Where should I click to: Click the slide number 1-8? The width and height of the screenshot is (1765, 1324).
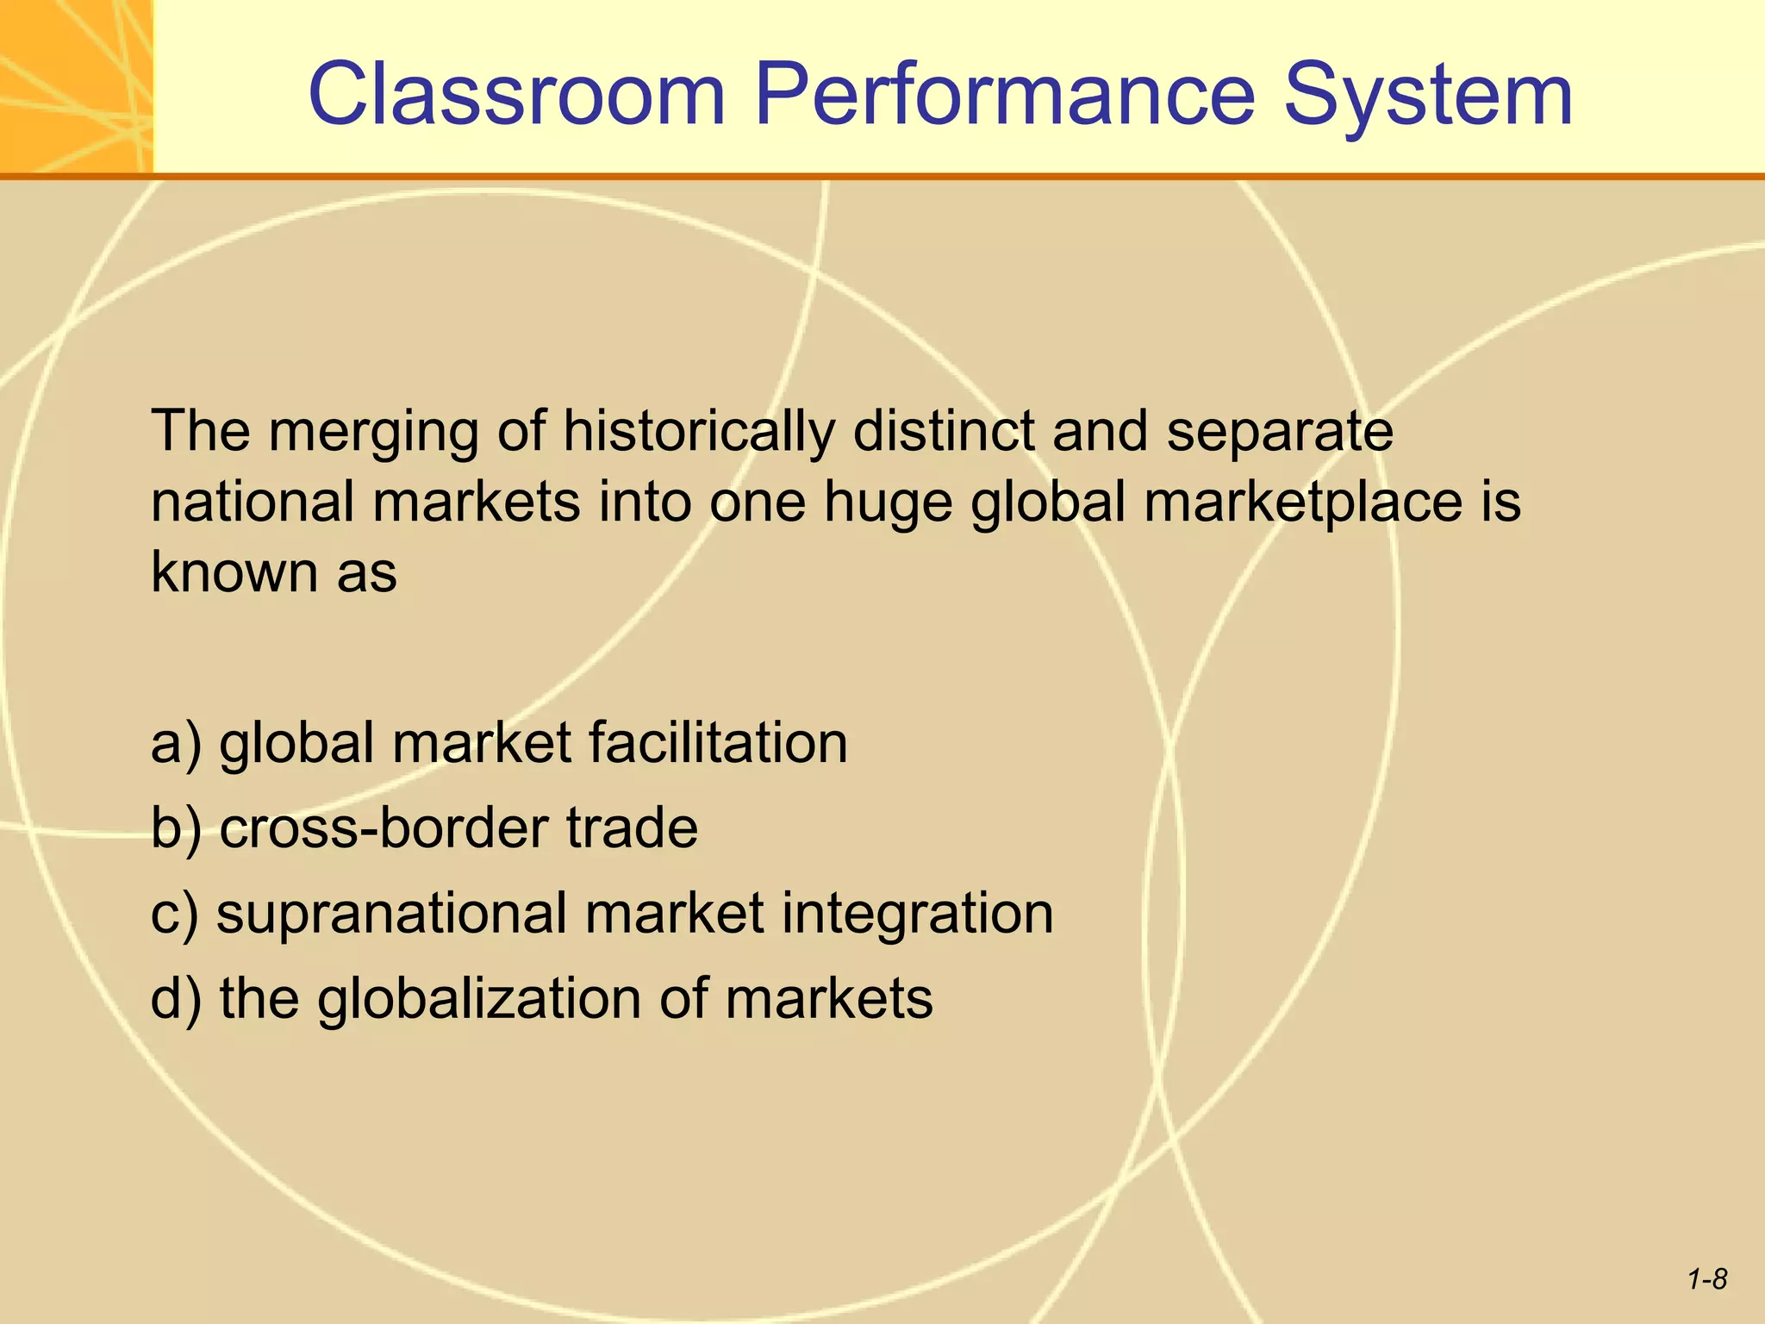(1707, 1279)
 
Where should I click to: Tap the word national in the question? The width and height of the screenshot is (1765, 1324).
(253, 501)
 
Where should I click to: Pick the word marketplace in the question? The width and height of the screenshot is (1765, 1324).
(1302, 501)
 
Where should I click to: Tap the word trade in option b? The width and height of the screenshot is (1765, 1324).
(632, 827)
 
